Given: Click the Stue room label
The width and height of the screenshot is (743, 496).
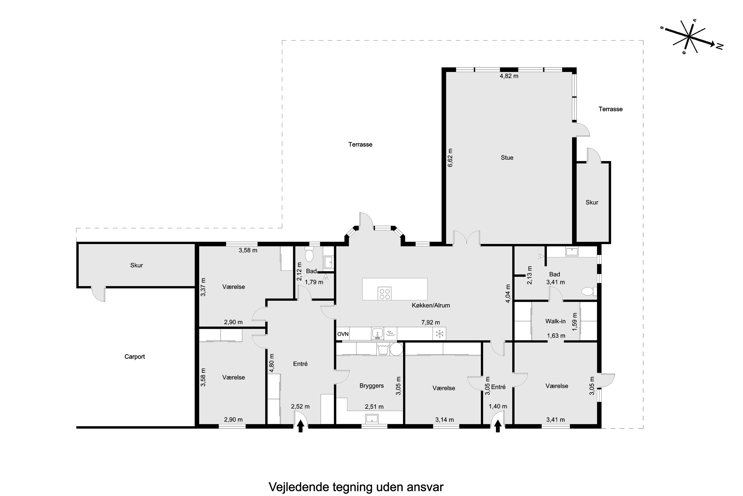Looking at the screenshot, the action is pos(507,157).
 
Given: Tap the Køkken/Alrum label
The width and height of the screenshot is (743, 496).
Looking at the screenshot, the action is pos(431,306).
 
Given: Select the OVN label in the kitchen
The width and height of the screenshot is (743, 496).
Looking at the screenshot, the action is pos(343,334).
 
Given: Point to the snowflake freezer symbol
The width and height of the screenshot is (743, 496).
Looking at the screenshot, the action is pos(439,333).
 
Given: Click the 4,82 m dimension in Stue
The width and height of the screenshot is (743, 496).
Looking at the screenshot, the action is pos(509,76).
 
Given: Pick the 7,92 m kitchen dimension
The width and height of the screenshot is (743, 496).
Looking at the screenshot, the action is pos(430,322).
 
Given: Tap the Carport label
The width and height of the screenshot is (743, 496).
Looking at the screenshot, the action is pos(134,357).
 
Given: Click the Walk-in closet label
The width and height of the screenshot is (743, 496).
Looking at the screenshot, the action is pos(555,321).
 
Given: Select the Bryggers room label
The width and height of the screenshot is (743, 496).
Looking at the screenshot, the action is pos(371,386).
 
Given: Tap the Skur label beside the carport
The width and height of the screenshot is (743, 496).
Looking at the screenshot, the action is pos(136,265).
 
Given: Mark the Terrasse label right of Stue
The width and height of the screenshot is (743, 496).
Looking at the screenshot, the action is pos(610,109).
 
